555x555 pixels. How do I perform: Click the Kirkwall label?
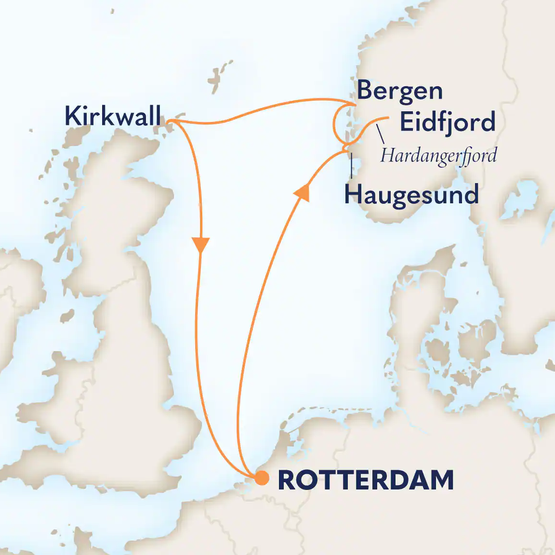click(x=113, y=116)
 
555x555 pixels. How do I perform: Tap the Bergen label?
click(x=399, y=91)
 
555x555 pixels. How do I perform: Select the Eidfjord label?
click(x=447, y=122)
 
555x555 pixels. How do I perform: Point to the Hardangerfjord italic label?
click(x=438, y=156)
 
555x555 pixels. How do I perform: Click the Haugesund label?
click(x=411, y=195)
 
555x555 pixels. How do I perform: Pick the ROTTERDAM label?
click(x=366, y=480)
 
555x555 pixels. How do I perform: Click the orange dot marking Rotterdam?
click(x=262, y=478)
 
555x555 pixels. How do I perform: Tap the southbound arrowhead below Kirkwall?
click(x=200, y=244)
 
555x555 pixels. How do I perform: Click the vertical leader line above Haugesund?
click(x=352, y=166)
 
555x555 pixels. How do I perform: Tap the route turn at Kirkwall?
click(x=174, y=122)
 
